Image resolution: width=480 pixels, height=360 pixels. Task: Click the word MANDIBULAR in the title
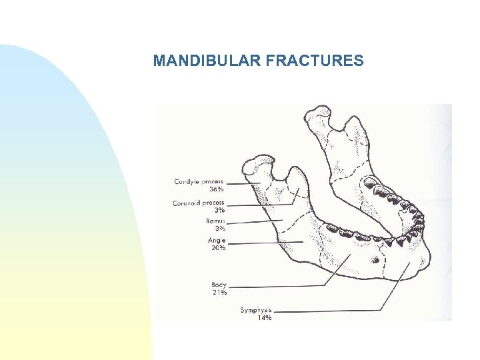pyautogui.click(x=207, y=61)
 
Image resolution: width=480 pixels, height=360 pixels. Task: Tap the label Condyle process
pyautogui.click(x=199, y=181)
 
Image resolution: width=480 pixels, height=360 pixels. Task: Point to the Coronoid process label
pyautogui.click(x=199, y=203)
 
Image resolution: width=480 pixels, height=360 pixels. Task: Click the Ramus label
pyautogui.click(x=215, y=221)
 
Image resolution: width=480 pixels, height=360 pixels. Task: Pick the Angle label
pyautogui.click(x=217, y=240)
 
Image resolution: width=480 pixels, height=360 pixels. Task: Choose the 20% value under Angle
pyautogui.click(x=217, y=247)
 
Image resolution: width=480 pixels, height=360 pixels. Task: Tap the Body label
pyautogui.click(x=219, y=284)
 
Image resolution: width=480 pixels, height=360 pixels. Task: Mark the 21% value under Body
pyautogui.click(x=219, y=291)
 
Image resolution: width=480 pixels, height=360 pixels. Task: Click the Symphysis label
pyautogui.click(x=256, y=310)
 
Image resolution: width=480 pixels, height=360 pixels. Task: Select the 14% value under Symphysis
pyautogui.click(x=264, y=318)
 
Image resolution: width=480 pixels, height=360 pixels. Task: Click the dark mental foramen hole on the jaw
pyautogui.click(x=375, y=259)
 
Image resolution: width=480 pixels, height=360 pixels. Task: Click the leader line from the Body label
pyautogui.click(x=280, y=285)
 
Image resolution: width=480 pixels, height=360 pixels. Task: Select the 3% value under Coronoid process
pyautogui.click(x=219, y=210)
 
